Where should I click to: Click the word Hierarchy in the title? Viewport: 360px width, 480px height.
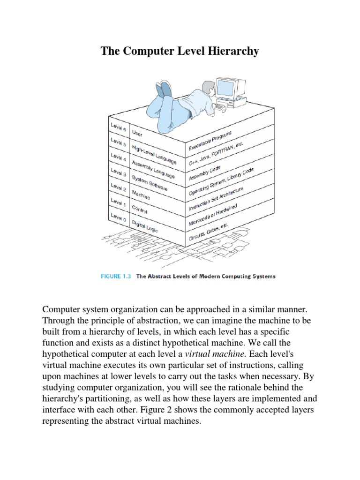232,51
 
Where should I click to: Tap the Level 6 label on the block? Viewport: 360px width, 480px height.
119,127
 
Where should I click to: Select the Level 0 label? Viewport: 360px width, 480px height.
119,217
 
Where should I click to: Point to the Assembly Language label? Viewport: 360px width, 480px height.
153,170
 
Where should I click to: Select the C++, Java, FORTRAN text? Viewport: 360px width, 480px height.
210,155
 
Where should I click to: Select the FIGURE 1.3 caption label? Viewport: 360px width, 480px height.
116,276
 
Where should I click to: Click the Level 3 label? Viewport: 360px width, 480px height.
119,172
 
